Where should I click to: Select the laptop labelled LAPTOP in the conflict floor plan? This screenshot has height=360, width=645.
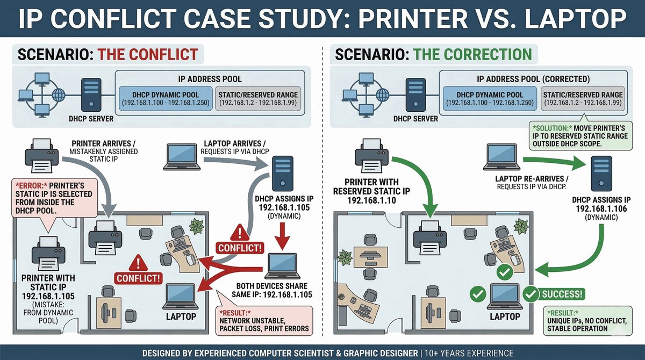180,294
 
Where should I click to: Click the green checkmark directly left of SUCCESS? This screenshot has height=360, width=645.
531,294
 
